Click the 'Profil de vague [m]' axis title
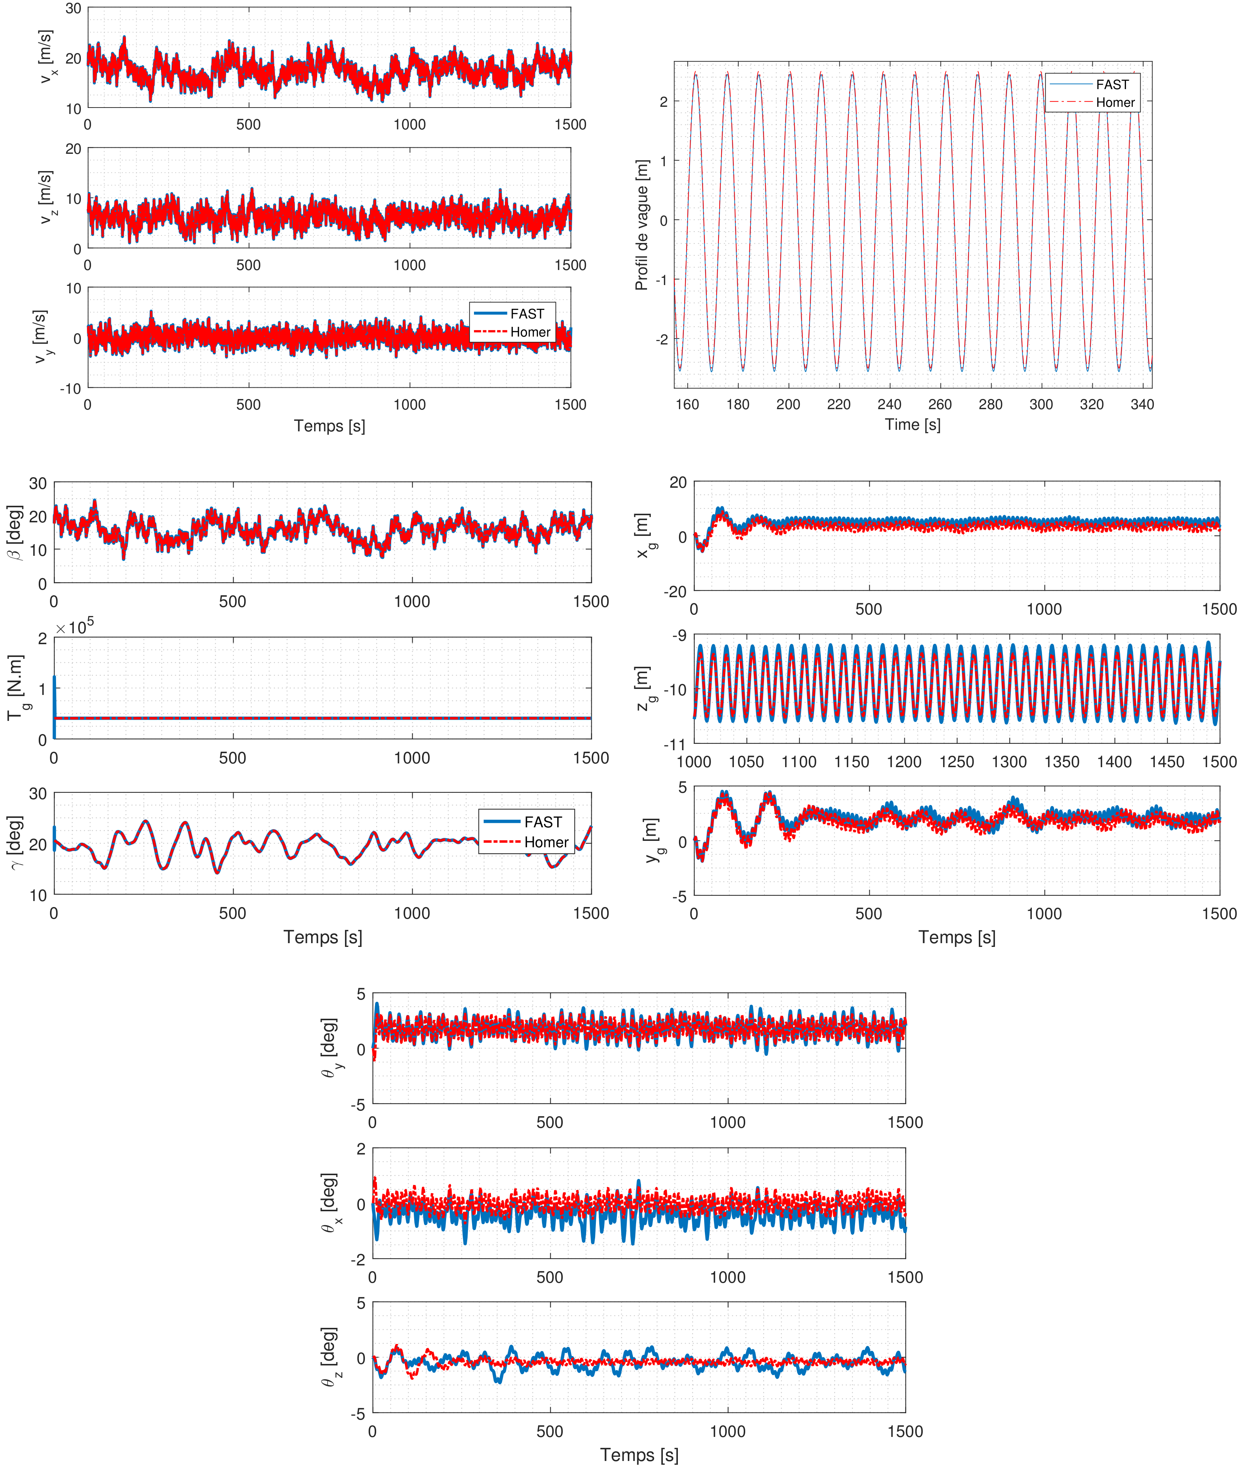642,225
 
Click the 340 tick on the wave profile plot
1142,404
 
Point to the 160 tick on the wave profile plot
687,404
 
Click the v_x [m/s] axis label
46,58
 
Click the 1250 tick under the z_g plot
957,762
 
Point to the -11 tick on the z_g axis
675,744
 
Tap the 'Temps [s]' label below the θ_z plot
639,1455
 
